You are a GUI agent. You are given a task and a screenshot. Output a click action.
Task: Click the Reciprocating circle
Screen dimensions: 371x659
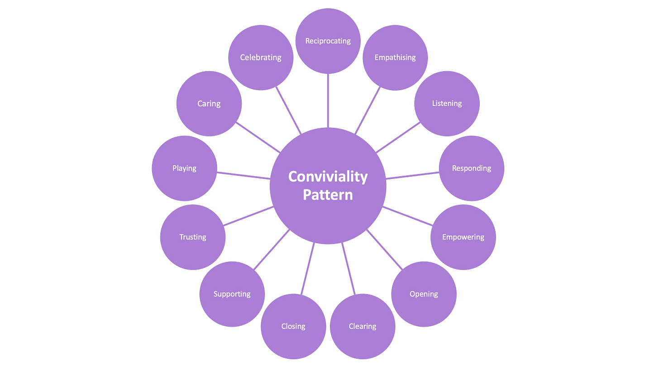click(328, 41)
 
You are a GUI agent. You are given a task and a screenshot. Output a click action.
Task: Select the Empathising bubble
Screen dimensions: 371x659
click(395, 58)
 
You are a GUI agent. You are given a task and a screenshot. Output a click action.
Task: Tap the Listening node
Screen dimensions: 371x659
click(447, 103)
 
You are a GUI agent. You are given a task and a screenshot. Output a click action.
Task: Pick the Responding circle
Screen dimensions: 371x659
click(471, 168)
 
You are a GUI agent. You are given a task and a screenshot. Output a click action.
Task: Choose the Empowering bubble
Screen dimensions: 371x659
click(463, 237)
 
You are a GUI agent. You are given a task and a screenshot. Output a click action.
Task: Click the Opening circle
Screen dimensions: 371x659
click(424, 294)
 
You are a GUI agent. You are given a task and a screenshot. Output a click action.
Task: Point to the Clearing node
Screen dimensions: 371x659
click(362, 326)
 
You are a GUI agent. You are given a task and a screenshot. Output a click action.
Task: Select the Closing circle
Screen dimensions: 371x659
click(293, 326)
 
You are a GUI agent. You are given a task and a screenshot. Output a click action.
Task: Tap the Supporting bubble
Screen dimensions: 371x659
click(232, 294)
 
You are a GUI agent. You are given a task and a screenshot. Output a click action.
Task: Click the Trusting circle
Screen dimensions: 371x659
click(193, 237)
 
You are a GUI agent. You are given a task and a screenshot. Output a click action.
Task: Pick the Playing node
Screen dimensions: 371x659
click(184, 168)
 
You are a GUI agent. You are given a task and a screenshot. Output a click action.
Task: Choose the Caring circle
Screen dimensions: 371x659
click(209, 103)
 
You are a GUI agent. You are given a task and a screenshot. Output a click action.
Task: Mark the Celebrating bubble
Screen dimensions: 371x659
click(261, 58)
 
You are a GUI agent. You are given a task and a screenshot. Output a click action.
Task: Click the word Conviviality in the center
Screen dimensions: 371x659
click(328, 176)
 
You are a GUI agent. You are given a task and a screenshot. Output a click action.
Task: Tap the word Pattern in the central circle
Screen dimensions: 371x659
click(328, 195)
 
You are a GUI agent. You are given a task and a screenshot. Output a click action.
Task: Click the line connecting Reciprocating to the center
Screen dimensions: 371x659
click(328, 101)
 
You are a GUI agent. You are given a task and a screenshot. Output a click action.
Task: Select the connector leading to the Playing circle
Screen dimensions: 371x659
click(244, 175)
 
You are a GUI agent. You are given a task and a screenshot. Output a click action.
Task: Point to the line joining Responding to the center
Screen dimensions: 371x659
click(412, 175)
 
